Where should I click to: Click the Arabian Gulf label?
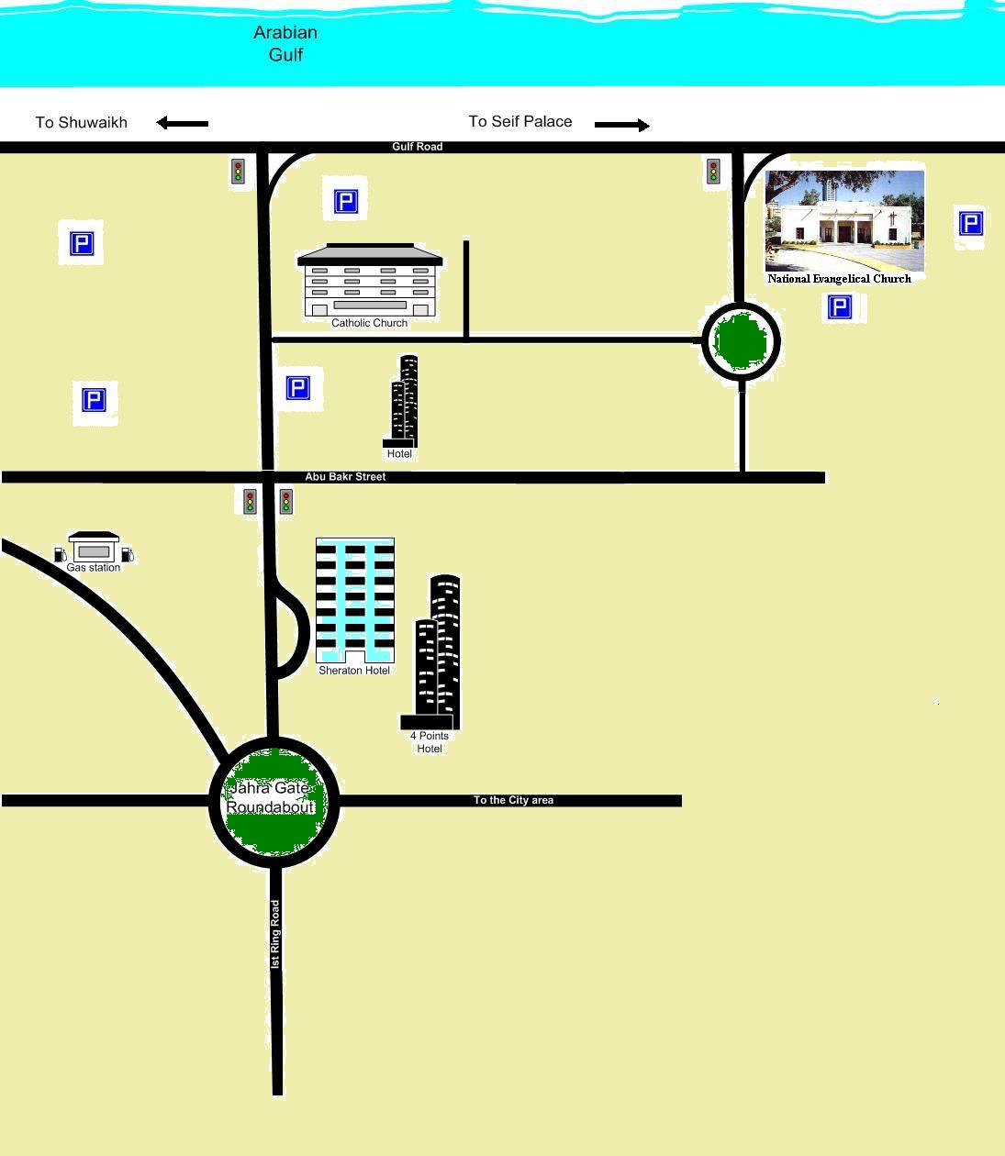[285, 43]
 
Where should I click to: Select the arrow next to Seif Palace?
[621, 125]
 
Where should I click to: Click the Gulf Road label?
[417, 147]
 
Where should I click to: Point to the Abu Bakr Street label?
[345, 477]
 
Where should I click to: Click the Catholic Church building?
[369, 281]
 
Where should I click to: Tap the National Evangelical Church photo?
[844, 220]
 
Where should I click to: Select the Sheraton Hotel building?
[355, 600]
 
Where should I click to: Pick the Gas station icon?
[94, 548]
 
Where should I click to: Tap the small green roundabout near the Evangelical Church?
[741, 341]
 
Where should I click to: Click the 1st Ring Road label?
[274, 934]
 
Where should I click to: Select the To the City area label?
[513, 800]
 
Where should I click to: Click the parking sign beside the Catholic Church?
[345, 202]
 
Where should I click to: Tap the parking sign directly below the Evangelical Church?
[839, 307]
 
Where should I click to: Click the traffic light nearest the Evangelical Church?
[713, 172]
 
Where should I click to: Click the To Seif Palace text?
[520, 121]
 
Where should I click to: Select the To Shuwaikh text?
[81, 122]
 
